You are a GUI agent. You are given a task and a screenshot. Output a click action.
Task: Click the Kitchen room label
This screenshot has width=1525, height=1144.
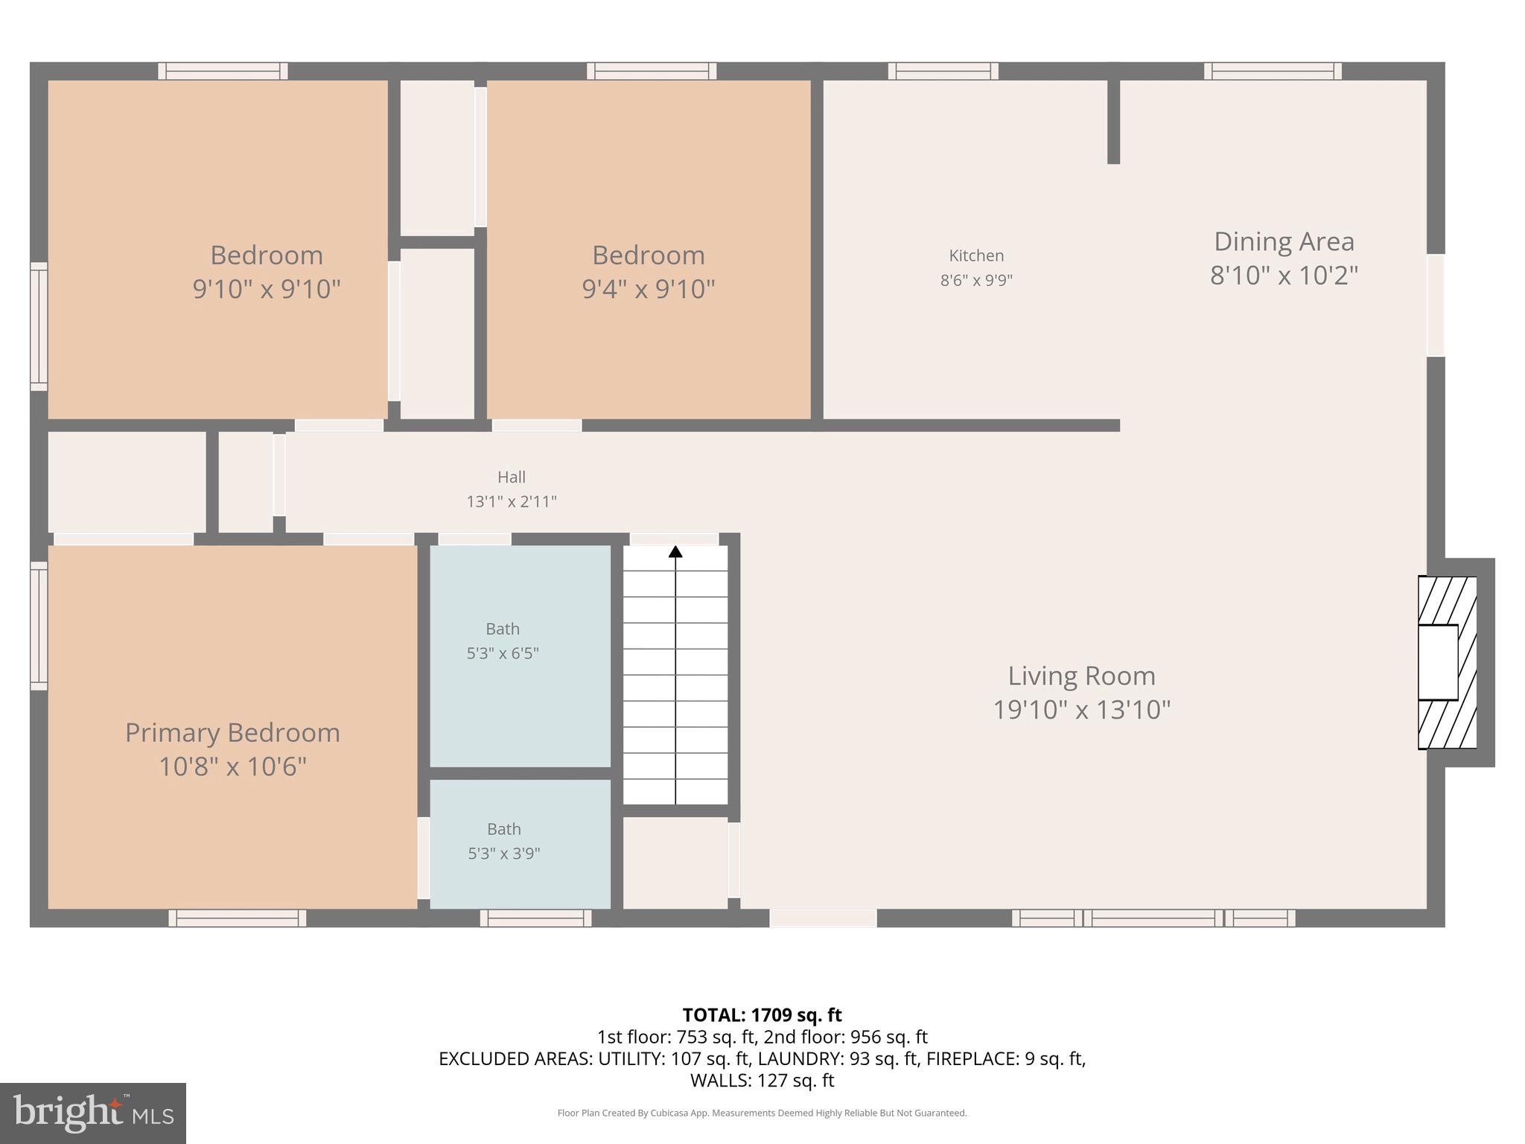(976, 255)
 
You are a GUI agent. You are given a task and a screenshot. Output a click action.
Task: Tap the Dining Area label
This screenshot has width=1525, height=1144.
(1284, 241)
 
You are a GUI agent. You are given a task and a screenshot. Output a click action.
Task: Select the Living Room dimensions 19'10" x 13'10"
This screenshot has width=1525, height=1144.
(1081, 710)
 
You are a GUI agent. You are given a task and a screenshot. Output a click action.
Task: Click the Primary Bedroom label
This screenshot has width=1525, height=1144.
(232, 733)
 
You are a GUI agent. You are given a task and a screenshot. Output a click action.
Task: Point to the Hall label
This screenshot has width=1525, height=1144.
(512, 477)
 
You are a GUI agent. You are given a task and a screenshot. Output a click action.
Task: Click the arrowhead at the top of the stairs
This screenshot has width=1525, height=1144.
(675, 552)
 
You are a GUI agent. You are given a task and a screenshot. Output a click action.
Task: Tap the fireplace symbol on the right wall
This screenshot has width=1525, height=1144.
(1446, 662)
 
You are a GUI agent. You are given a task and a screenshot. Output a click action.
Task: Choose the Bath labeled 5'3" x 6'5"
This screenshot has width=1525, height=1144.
(503, 641)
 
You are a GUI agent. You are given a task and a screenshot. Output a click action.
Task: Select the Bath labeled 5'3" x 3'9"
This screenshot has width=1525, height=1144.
(503, 841)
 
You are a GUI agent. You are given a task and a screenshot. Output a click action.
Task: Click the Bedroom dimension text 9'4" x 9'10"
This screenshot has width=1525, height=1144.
(648, 289)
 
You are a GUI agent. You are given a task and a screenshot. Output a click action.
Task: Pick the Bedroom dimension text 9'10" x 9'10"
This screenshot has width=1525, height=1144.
(267, 289)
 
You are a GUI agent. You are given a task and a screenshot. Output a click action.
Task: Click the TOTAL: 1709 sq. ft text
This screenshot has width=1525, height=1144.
(762, 1015)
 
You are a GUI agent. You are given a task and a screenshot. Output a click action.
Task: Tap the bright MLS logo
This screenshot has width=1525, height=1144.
(93, 1113)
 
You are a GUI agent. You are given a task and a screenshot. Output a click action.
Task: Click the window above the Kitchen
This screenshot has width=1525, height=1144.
(943, 71)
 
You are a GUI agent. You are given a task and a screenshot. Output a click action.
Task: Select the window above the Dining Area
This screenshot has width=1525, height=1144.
(1273, 71)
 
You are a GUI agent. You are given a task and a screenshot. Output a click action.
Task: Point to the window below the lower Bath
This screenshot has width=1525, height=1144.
(535, 918)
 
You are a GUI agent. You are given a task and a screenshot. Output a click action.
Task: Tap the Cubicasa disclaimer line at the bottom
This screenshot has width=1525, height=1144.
(762, 1113)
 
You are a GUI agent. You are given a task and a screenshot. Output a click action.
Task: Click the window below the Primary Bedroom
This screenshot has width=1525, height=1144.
(237, 918)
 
